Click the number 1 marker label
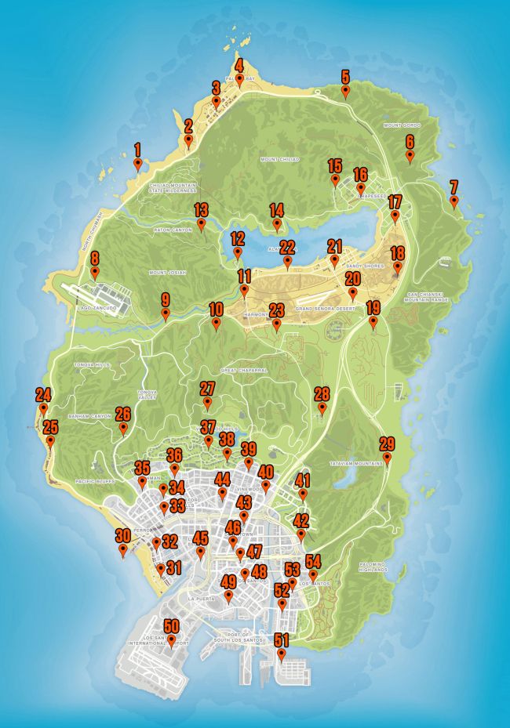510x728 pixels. click(x=137, y=147)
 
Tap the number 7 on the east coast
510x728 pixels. click(x=454, y=187)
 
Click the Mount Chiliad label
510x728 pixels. click(x=279, y=159)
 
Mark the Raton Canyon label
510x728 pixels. click(x=173, y=230)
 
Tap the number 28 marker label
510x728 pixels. click(x=322, y=393)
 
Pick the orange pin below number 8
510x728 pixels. click(x=95, y=273)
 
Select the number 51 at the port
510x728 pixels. click(x=281, y=639)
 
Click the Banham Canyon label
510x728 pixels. click(x=89, y=416)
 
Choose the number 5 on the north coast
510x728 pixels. click(x=344, y=77)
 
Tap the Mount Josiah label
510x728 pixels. click(x=167, y=273)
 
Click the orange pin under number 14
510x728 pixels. click(x=276, y=225)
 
